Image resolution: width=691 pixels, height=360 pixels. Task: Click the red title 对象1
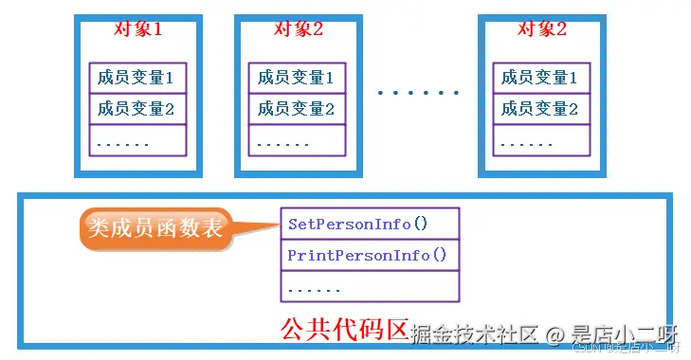137,28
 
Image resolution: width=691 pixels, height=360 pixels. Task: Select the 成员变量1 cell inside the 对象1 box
138,78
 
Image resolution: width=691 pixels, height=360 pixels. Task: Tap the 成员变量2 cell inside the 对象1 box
138,109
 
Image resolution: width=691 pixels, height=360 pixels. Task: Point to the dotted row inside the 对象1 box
138,142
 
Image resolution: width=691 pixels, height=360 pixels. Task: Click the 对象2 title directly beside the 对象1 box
298,28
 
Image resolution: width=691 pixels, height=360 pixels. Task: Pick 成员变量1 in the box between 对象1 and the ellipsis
298,78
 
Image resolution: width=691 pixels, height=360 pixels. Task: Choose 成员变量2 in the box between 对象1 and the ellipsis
298,109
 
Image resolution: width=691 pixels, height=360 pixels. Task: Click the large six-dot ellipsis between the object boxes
418,93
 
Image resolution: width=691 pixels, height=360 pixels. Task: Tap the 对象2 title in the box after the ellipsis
541,28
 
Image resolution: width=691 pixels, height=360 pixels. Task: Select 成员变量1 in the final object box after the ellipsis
541,78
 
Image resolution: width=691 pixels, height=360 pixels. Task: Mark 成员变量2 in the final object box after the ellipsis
541,109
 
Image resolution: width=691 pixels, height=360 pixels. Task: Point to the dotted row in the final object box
541,142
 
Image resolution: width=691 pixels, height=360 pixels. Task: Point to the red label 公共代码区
343,331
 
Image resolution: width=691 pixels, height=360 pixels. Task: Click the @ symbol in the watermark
555,333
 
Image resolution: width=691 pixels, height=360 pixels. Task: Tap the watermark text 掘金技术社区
478,333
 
